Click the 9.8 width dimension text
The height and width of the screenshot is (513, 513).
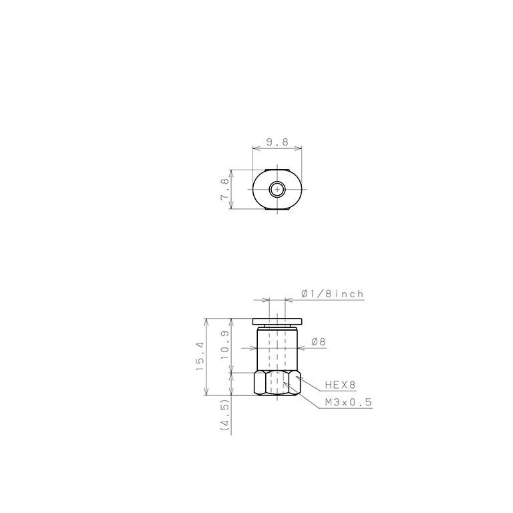click(277, 142)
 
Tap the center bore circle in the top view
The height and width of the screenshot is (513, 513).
click(277, 190)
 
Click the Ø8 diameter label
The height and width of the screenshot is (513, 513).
click(319, 342)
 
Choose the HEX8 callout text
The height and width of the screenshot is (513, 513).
click(341, 385)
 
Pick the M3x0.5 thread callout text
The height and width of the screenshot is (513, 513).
click(347, 402)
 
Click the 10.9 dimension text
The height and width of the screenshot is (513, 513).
click(224, 345)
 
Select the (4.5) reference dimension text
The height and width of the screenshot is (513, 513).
click(224, 415)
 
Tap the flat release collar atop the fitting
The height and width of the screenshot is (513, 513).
click(277, 321)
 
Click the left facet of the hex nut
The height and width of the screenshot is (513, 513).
click(260, 383)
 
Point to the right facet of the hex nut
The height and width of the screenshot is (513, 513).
click(293, 383)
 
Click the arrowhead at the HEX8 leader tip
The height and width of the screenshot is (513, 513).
click(298, 378)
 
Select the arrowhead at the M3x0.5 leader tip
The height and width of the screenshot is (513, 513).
click(286, 383)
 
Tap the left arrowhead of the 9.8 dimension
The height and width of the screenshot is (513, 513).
click(255, 148)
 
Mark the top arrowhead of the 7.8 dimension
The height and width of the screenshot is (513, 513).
click(230, 170)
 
